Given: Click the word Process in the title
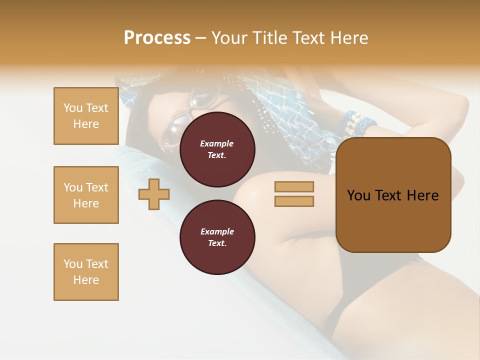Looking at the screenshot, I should [x=157, y=38].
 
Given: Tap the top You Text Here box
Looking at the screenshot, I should [x=86, y=116].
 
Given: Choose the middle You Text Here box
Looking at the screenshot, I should [x=86, y=195].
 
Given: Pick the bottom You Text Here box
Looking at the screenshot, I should [x=86, y=272].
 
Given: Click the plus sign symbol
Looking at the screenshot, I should [x=154, y=194].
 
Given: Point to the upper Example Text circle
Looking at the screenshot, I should [x=217, y=149].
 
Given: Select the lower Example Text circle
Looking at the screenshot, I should [x=217, y=237].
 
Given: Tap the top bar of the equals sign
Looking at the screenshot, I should [x=294, y=186].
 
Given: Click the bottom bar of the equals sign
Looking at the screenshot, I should [x=294, y=201].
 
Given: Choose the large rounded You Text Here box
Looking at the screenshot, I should [x=393, y=195].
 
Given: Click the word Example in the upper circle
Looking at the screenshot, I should [x=217, y=143].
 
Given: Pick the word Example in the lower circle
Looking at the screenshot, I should [x=217, y=231].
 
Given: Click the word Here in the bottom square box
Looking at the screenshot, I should [x=86, y=280].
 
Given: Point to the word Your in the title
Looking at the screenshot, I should [x=230, y=38].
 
